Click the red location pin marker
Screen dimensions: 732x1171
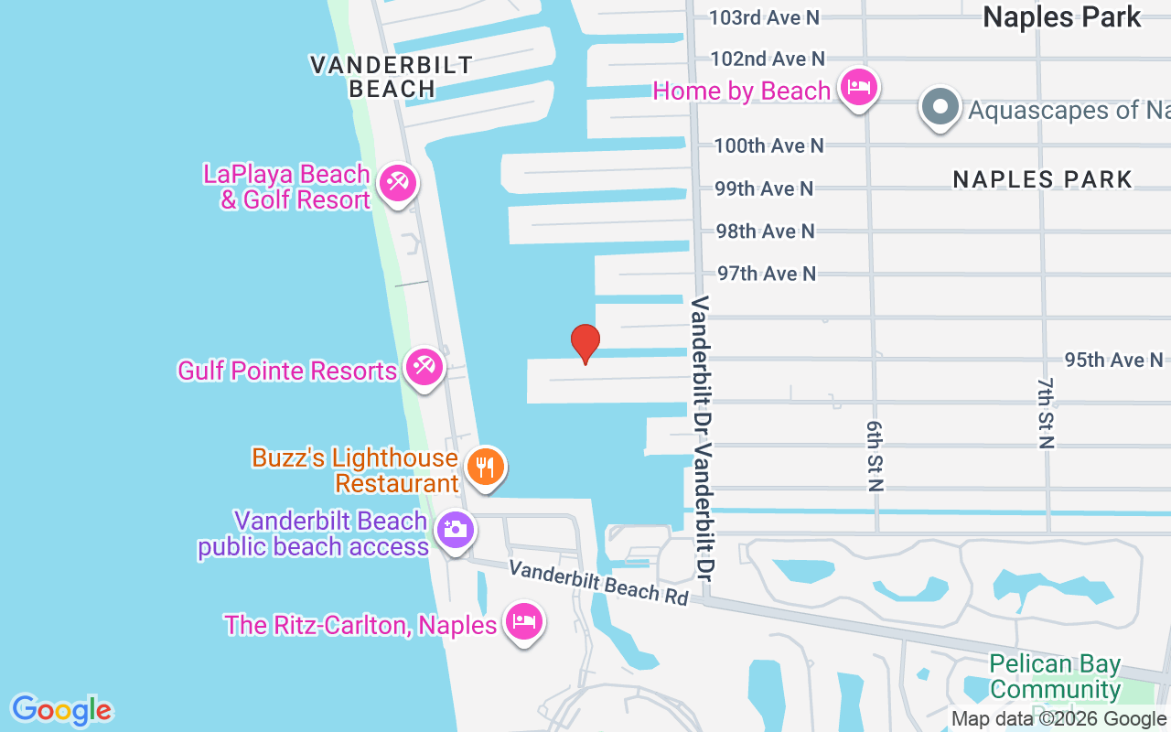[x=585, y=343]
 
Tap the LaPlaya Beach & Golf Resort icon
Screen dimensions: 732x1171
[x=397, y=183]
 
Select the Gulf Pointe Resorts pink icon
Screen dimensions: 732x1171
[x=424, y=368]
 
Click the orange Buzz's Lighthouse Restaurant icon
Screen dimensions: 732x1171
[x=486, y=468]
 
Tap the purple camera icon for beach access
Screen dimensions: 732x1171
[x=455, y=530]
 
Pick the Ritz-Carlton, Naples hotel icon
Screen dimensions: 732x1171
[x=523, y=622]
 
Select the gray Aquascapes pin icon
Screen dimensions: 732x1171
[x=940, y=107]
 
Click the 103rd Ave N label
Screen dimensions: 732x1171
[x=765, y=17]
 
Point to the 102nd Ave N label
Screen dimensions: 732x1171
[x=768, y=59]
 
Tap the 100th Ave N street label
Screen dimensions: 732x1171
[x=768, y=145]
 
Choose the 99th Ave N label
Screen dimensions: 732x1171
[x=764, y=188]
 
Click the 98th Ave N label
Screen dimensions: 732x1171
[x=765, y=231]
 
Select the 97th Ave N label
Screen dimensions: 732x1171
[x=766, y=274]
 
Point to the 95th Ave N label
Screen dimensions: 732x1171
[x=1113, y=360]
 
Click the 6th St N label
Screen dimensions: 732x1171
[x=875, y=456]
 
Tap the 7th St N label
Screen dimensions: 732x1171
[x=1046, y=412]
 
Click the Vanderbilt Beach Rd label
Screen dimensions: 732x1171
[x=598, y=582]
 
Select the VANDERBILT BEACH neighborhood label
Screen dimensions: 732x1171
[x=392, y=77]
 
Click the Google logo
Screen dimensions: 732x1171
[x=61, y=709]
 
